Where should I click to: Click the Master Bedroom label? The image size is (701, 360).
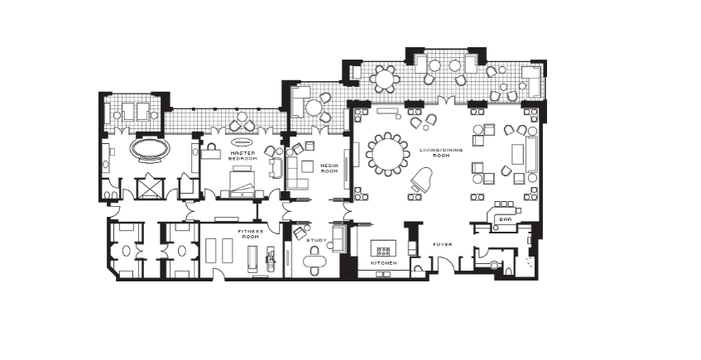click(242, 156)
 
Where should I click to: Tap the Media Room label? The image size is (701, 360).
click(329, 168)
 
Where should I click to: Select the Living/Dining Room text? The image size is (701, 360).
click(435, 152)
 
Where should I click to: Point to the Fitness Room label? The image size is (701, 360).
click(250, 234)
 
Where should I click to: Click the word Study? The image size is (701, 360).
click(316, 240)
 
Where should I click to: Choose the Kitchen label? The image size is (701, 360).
click(383, 263)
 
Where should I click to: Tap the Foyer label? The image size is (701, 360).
click(443, 244)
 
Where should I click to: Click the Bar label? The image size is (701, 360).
click(505, 219)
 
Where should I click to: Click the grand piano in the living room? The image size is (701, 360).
click(421, 180)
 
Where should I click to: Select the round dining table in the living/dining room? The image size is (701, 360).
click(387, 154)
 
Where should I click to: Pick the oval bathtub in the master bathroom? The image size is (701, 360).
click(151, 149)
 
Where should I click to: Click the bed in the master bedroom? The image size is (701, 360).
click(242, 181)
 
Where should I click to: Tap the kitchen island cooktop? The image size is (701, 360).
click(383, 251)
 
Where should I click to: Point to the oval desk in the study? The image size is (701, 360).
click(314, 260)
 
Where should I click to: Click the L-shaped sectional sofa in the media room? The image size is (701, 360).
click(295, 172)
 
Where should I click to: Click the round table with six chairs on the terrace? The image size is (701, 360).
click(385, 79)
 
